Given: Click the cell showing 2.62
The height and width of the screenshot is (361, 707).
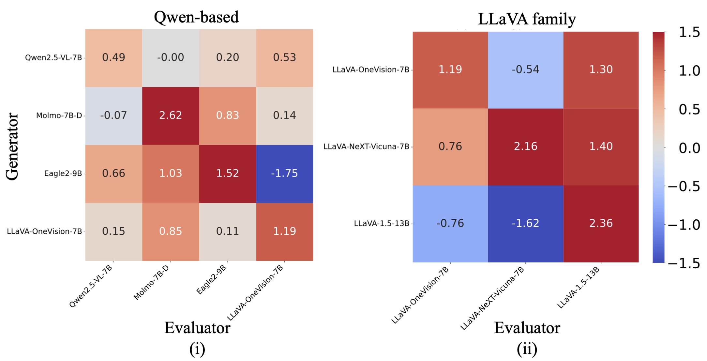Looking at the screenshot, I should click(x=171, y=116).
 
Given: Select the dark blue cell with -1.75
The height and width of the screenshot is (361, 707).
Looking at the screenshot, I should click(x=284, y=173).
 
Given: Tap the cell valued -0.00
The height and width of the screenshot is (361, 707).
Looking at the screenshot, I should click(x=171, y=58).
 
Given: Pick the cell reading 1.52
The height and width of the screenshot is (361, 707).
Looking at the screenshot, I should click(x=227, y=173).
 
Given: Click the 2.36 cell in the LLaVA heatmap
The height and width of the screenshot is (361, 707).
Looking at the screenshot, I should click(x=601, y=224).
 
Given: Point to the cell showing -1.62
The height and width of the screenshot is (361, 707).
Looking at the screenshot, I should click(x=525, y=224).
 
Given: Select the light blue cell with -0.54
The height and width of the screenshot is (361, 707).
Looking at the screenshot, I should click(x=525, y=70).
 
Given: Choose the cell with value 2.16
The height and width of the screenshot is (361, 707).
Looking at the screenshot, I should click(x=525, y=147).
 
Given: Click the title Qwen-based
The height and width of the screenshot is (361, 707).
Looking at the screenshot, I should click(x=196, y=17).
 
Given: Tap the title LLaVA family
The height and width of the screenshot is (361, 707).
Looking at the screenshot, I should click(x=527, y=19).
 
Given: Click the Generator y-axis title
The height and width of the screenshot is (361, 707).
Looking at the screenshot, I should click(x=12, y=147).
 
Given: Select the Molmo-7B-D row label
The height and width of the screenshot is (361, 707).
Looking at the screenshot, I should click(x=59, y=116).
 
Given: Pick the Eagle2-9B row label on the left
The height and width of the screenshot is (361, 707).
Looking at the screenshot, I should click(x=63, y=173).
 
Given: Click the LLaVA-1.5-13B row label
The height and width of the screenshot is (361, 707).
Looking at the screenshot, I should click(x=381, y=224).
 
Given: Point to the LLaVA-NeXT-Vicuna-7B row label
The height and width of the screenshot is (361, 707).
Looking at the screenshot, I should click(x=366, y=147).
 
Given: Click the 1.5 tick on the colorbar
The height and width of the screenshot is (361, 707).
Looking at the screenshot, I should click(x=689, y=32).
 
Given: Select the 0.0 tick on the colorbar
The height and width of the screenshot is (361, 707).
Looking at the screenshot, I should click(x=689, y=148).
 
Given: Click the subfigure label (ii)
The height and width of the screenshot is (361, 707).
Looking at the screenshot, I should click(x=527, y=349).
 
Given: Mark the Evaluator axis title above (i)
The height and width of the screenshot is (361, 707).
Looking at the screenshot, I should click(x=197, y=328).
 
